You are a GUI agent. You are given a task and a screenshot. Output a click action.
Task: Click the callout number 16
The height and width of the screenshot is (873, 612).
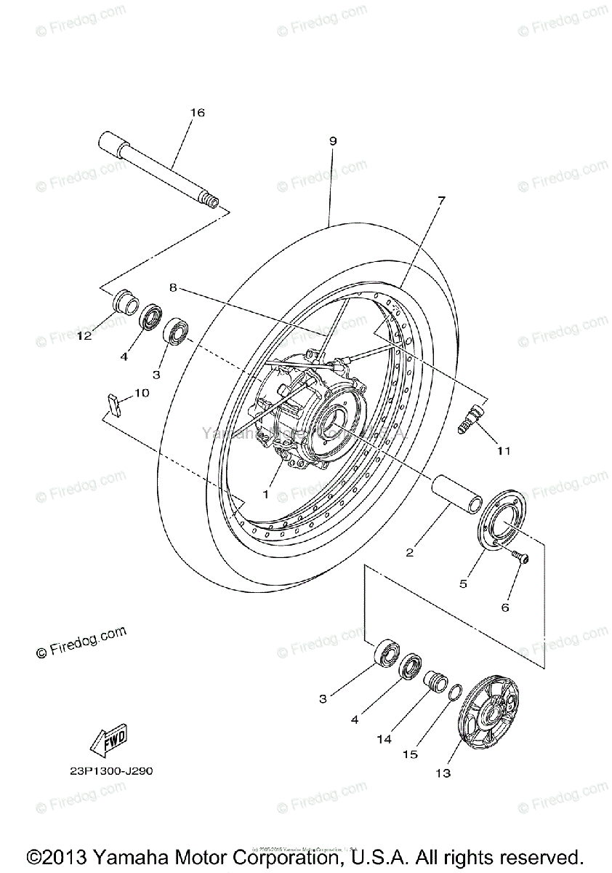click(198, 113)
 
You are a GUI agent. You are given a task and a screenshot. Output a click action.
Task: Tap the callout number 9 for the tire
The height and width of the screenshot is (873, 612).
click(333, 141)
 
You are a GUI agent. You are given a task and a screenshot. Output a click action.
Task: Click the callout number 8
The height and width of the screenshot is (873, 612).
click(173, 287)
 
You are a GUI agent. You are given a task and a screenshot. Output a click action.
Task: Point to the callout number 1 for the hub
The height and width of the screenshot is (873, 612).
click(266, 494)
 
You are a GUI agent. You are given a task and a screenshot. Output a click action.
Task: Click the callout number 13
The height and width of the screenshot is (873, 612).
click(443, 773)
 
